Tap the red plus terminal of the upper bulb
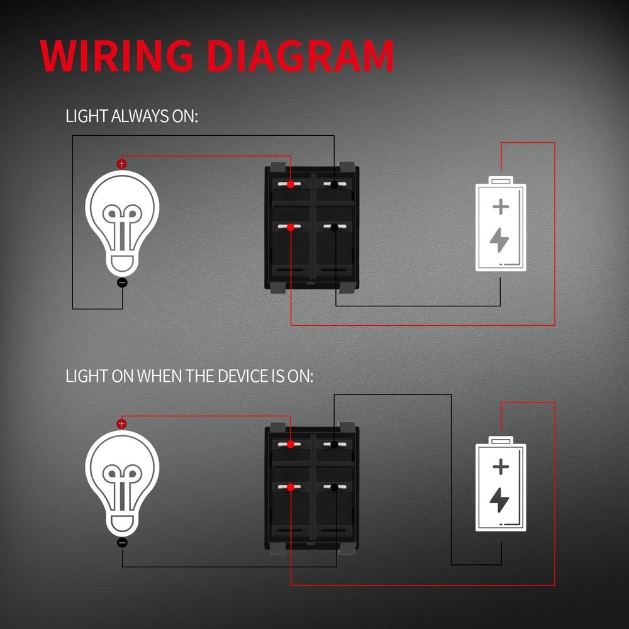click(x=122, y=164)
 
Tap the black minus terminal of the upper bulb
click(x=122, y=283)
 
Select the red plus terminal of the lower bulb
click(x=122, y=423)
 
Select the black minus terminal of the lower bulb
click(x=122, y=542)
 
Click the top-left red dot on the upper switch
click(x=291, y=185)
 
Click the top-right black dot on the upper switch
click(x=334, y=185)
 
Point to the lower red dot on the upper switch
click(x=291, y=227)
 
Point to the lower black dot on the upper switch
click(x=334, y=227)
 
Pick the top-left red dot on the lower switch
click(x=291, y=445)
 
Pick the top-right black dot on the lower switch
click(x=334, y=445)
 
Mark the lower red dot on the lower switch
click(x=291, y=487)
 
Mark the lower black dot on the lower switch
click(x=334, y=487)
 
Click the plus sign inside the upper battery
click(x=501, y=206)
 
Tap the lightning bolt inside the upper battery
click(x=500, y=239)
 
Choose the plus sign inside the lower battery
click(x=501, y=466)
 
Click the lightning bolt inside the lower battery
click(x=500, y=499)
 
